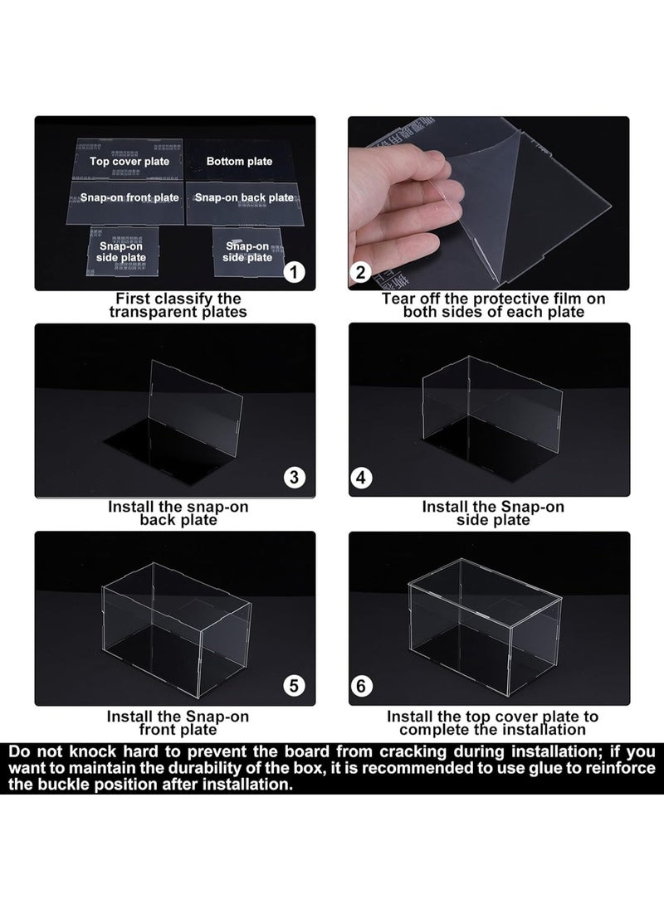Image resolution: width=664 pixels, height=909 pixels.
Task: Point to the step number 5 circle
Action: tap(295, 685)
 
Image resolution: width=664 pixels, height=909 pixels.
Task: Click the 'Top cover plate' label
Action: tap(129, 162)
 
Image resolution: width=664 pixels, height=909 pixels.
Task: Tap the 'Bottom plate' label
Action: tap(239, 162)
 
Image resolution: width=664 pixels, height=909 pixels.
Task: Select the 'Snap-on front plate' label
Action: tap(129, 198)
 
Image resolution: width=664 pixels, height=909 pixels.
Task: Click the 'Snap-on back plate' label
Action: tap(243, 198)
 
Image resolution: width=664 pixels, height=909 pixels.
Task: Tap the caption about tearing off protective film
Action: tap(493, 305)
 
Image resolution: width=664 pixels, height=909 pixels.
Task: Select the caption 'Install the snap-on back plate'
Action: tap(178, 513)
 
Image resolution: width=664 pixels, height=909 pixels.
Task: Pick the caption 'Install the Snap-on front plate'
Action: tap(178, 722)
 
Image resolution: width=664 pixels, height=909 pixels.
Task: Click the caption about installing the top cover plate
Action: tap(493, 722)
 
